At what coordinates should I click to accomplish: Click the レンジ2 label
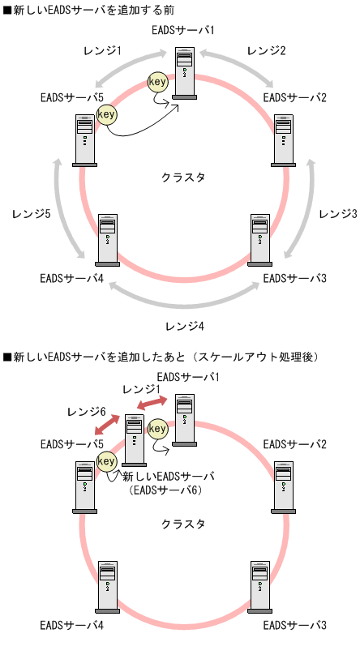[266, 50]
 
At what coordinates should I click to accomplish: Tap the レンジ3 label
[337, 213]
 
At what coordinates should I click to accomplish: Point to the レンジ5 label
[32, 213]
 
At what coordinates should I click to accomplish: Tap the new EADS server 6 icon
[134, 439]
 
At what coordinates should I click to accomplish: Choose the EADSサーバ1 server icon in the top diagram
[185, 73]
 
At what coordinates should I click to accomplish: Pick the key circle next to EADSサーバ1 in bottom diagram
[157, 427]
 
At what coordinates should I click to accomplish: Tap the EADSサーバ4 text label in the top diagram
[71, 279]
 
